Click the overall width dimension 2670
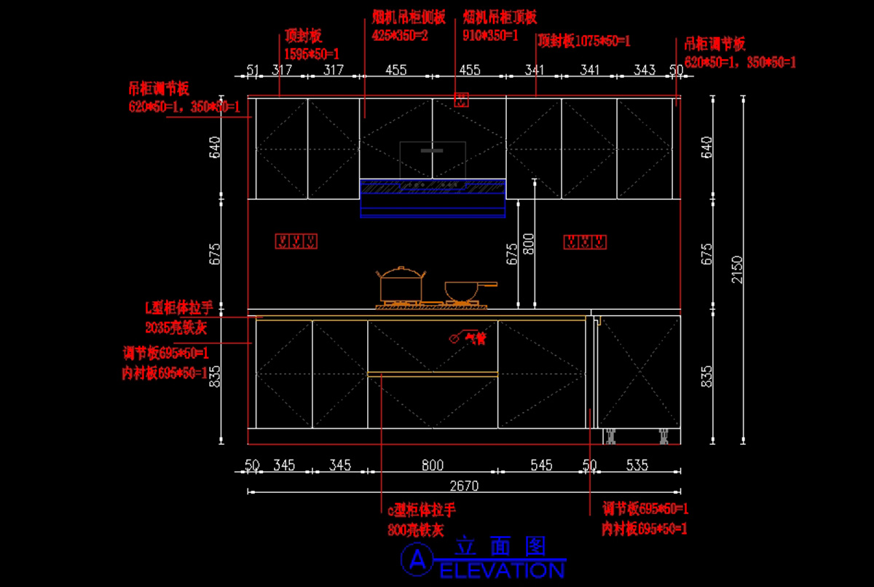[464, 485]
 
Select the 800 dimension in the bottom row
[432, 465]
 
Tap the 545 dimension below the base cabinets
[541, 465]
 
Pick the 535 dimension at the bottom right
[637, 465]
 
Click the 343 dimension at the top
[645, 70]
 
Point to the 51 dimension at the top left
[253, 70]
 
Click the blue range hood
[433, 198]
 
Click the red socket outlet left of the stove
[296, 241]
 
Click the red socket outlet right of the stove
[586, 242]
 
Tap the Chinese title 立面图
[500, 547]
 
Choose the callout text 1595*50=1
[312, 53]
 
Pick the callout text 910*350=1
[490, 34]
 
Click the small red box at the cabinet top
[460, 100]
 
